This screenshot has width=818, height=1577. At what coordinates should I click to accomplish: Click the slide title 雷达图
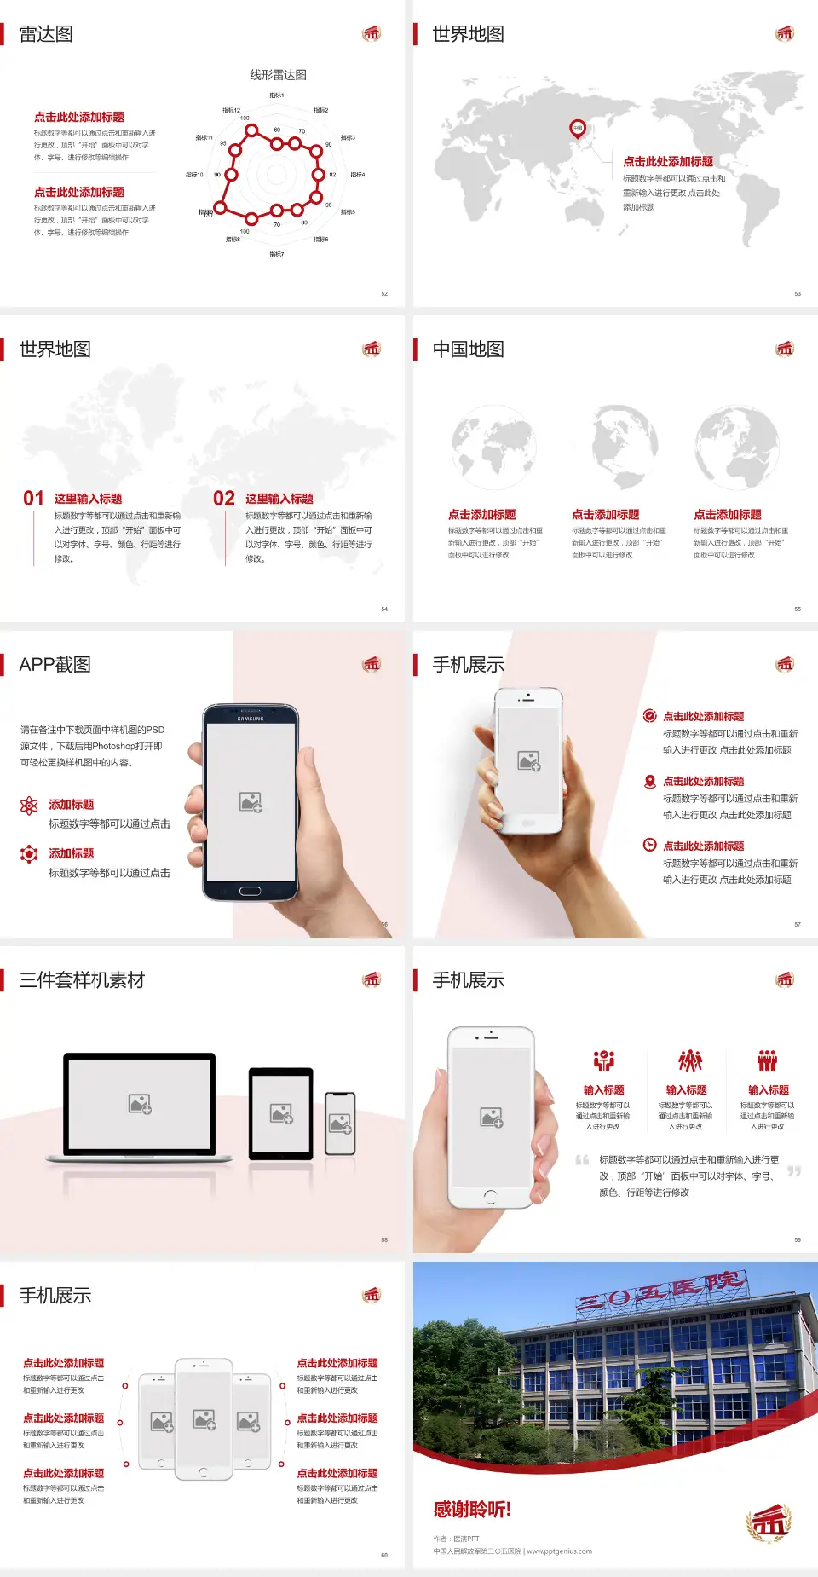click(x=46, y=34)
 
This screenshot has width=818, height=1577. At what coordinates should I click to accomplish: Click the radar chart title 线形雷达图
click(x=278, y=75)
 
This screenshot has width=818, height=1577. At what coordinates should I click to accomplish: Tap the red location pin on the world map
click(x=578, y=129)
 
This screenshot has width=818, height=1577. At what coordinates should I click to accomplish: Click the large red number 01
click(x=33, y=499)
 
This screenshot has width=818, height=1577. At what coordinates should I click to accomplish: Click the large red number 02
click(x=224, y=499)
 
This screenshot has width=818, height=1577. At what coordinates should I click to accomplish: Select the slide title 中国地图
click(x=468, y=349)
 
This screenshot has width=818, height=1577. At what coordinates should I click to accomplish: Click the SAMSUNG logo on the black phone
click(x=251, y=719)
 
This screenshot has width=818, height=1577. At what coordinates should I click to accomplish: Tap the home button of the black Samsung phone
click(x=250, y=891)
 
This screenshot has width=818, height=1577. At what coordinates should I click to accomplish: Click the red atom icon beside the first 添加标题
click(x=29, y=806)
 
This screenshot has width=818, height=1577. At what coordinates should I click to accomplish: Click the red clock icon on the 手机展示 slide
click(x=649, y=845)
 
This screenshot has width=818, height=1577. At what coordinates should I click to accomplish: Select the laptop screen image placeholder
click(x=140, y=1104)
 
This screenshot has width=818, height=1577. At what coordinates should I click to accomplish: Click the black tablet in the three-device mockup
click(x=280, y=1112)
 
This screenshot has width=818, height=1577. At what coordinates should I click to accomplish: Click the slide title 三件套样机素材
click(x=82, y=980)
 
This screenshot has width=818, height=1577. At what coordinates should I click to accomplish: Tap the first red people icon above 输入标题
click(x=604, y=1060)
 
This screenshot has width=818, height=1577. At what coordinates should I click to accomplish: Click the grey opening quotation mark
click(x=582, y=1160)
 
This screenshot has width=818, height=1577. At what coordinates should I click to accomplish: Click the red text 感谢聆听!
click(x=472, y=1510)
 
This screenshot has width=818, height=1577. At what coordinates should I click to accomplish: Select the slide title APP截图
click(x=55, y=665)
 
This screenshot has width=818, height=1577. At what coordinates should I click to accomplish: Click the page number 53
click(x=798, y=293)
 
